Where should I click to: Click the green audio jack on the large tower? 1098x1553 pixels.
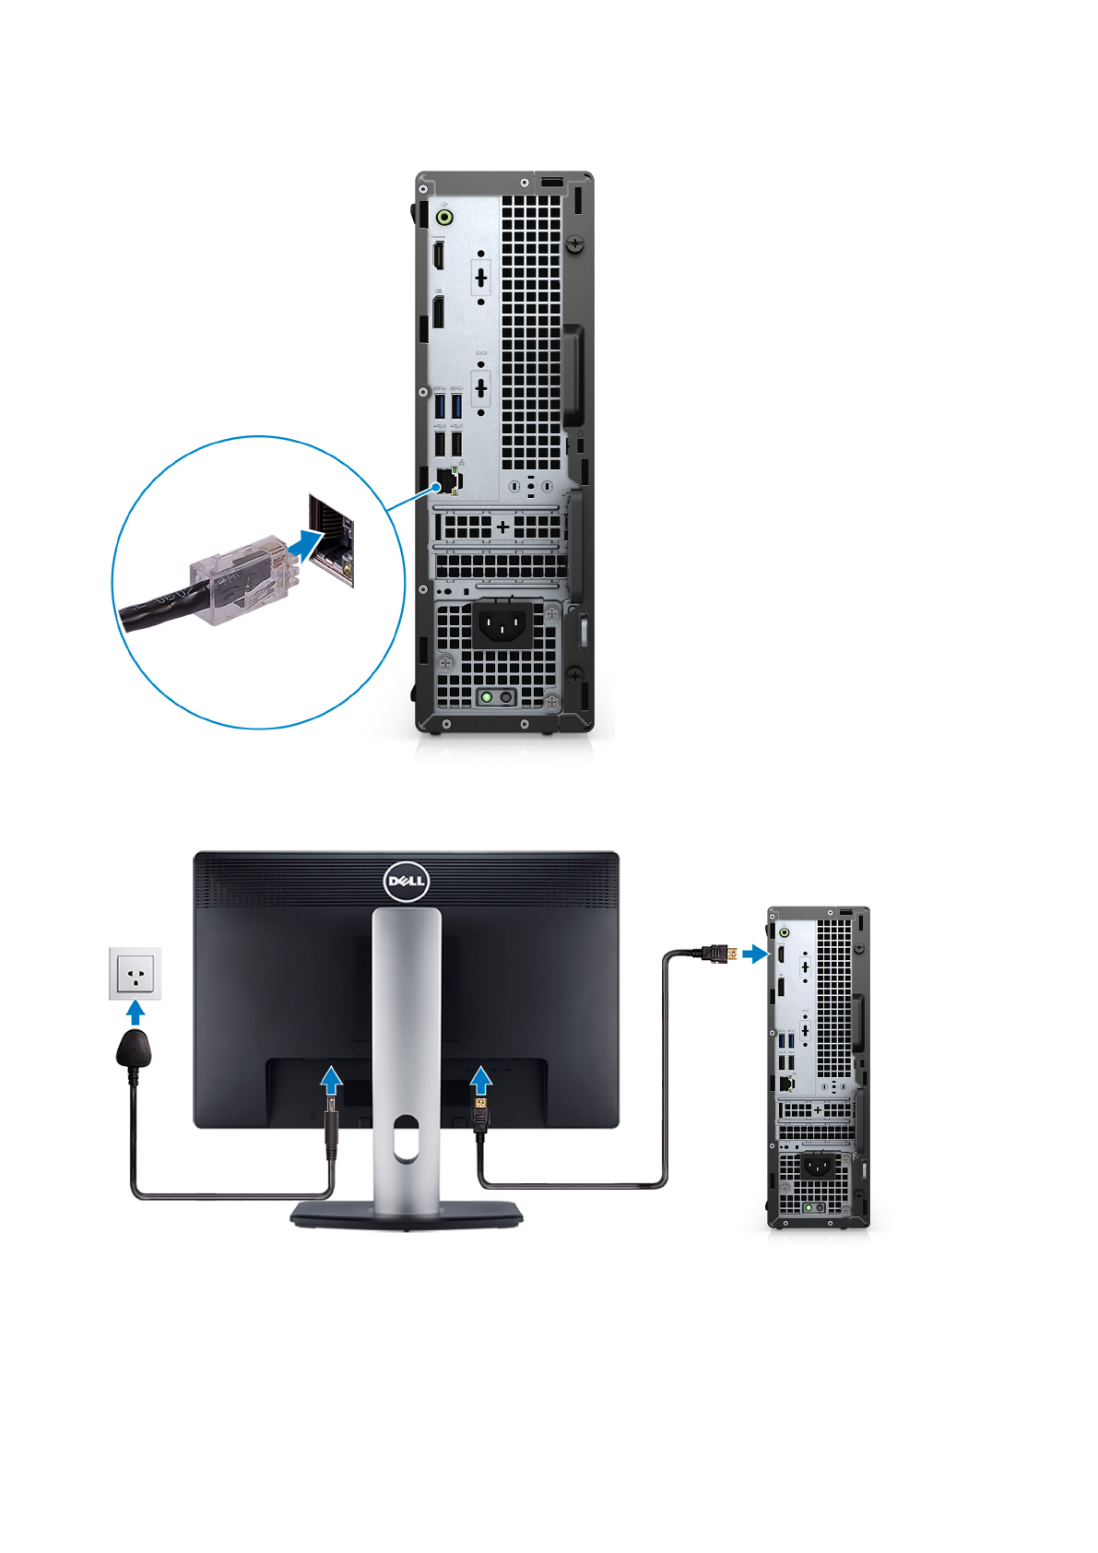pos(444,218)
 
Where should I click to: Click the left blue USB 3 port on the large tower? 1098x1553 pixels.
pos(440,405)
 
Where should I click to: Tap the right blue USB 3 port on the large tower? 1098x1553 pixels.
pos(456,405)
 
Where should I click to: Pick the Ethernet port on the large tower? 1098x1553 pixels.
pos(445,480)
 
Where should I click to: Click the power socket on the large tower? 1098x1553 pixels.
pos(502,625)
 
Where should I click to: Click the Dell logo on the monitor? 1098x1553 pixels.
pos(406,882)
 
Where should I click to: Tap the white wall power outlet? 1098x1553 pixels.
pos(136,973)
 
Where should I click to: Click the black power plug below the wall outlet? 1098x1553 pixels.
pos(135,1050)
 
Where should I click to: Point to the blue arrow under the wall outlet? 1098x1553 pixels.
pos(136,1014)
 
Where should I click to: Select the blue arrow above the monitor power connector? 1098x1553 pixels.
pos(332,1079)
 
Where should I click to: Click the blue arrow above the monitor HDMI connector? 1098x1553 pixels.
pos(480,1079)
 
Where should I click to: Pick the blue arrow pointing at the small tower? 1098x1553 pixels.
pos(754,954)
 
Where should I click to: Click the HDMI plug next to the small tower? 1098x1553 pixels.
pos(717,954)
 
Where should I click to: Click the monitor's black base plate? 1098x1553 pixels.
pos(407,1216)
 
